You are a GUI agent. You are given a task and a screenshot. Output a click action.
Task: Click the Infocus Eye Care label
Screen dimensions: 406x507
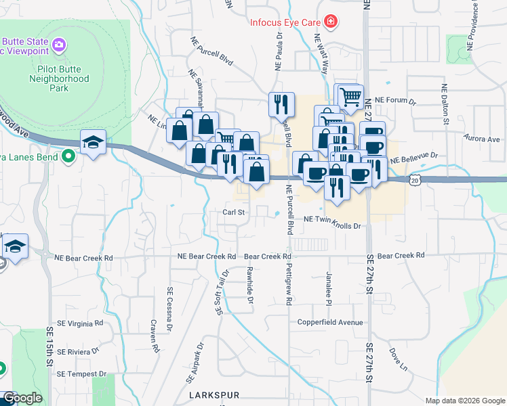(x=283, y=22)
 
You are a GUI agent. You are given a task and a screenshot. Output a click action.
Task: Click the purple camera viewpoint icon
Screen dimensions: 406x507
(x=60, y=45)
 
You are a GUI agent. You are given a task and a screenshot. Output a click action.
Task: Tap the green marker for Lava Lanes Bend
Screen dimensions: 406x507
(x=68, y=157)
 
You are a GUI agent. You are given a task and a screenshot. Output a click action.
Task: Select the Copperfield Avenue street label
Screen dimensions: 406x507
(x=330, y=323)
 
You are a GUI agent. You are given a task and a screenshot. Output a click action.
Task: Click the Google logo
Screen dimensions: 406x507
(x=22, y=398)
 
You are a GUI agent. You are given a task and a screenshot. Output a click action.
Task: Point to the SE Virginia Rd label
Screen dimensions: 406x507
(x=83, y=323)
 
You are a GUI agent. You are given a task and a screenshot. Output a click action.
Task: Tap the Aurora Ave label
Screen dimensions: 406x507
(x=483, y=139)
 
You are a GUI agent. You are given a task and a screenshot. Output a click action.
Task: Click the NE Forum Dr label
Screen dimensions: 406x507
(x=394, y=100)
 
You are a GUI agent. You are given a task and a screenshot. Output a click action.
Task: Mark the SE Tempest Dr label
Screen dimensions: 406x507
(x=82, y=374)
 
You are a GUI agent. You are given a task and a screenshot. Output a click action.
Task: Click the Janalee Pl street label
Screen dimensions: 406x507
(x=329, y=281)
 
